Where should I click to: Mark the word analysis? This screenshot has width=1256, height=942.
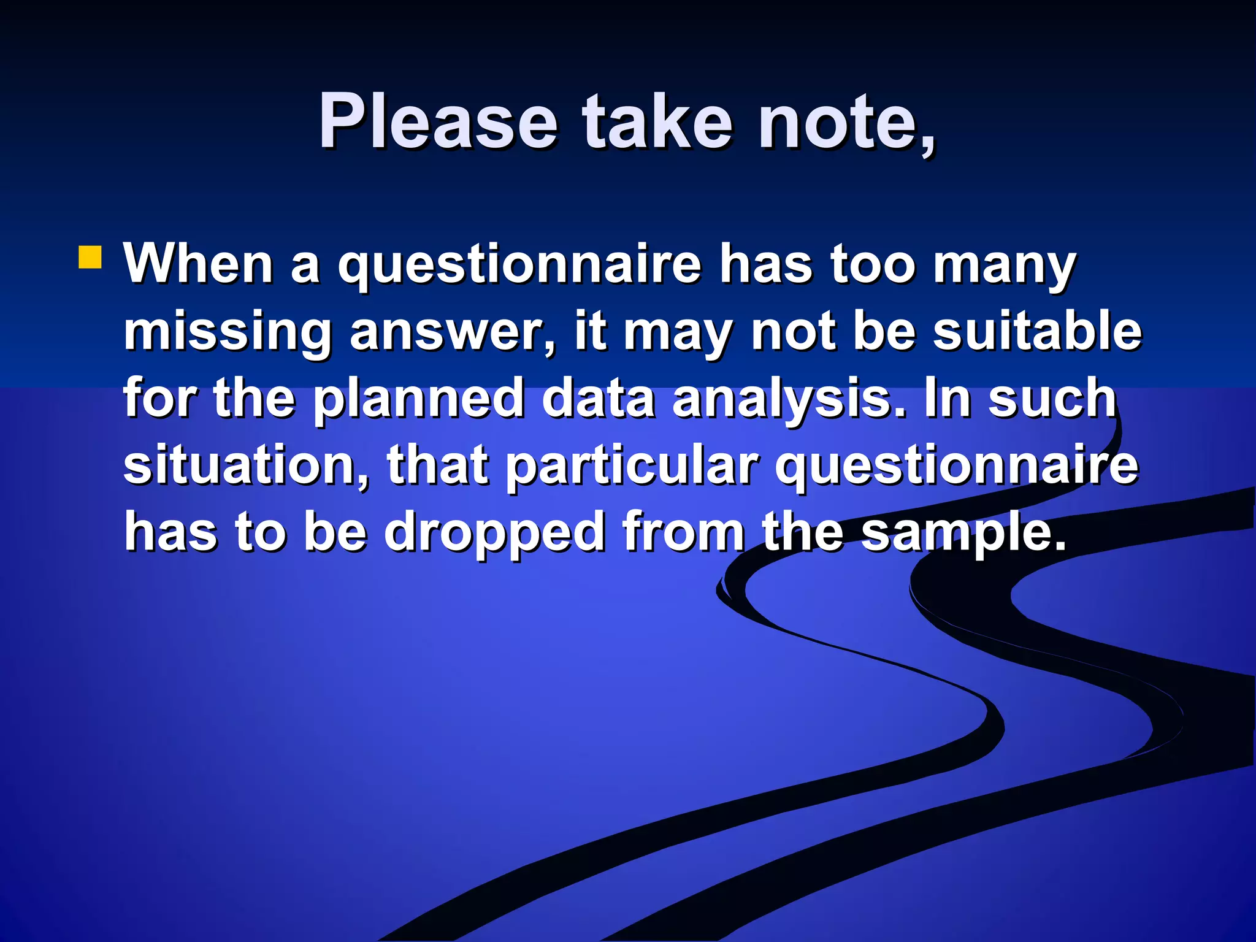pos(789,400)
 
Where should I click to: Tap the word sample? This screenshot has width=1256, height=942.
pos(963,532)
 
